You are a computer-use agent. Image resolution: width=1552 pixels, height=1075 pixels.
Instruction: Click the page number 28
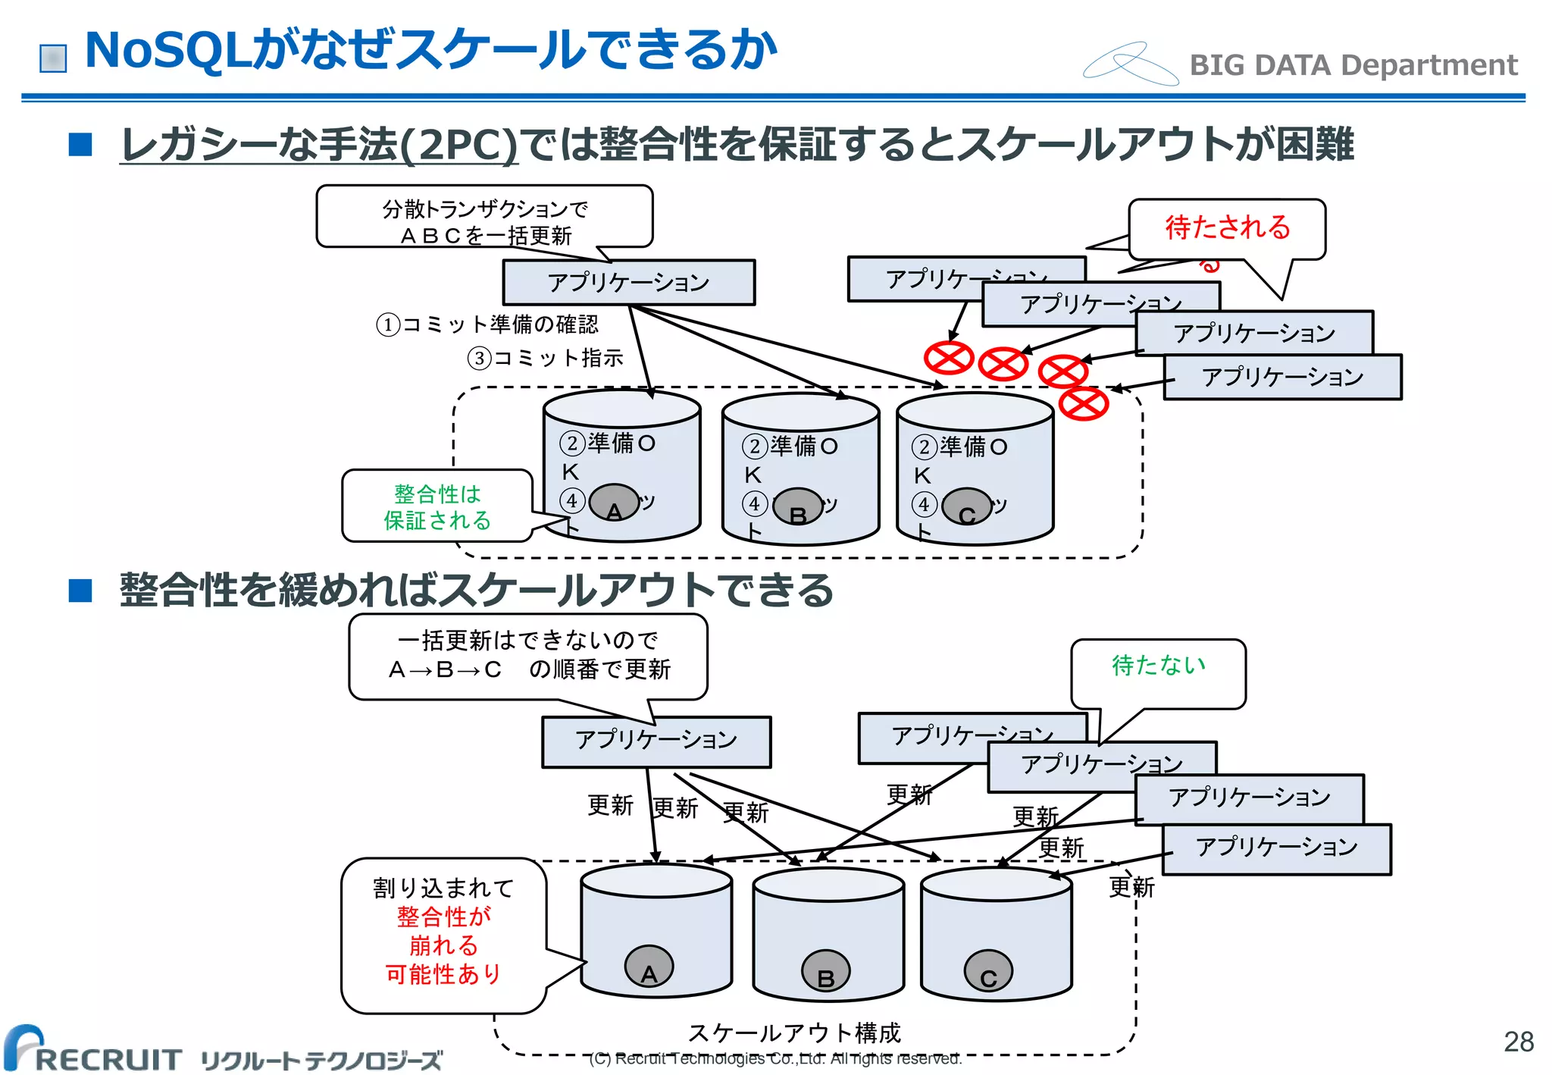pyautogui.click(x=1518, y=1041)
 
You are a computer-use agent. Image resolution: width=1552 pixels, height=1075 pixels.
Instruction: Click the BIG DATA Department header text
pyautogui.click(x=1353, y=65)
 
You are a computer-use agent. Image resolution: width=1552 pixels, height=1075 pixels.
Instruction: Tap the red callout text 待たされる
pyautogui.click(x=1227, y=227)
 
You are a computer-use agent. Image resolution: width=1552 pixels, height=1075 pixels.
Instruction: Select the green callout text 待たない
pyautogui.click(x=1158, y=665)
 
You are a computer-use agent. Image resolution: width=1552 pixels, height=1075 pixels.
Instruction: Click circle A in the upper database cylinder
pyautogui.click(x=614, y=503)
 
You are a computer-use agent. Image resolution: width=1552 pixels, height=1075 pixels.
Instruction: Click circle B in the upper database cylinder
pyautogui.click(x=797, y=506)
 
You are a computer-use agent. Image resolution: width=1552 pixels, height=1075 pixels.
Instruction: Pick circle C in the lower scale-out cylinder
pyautogui.click(x=988, y=970)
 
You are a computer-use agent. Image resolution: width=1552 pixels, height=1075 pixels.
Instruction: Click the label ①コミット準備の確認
pyautogui.click(x=487, y=324)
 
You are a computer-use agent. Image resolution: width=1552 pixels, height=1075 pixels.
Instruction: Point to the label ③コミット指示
pyautogui.click(x=546, y=358)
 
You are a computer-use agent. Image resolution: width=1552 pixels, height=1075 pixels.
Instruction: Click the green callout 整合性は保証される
pyautogui.click(x=437, y=506)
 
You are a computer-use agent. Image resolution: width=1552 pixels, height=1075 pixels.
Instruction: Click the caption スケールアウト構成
pyautogui.click(x=793, y=1033)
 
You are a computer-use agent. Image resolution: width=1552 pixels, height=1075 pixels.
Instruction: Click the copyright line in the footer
pyautogui.click(x=775, y=1058)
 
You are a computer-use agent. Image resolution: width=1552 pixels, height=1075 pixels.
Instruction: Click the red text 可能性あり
pyautogui.click(x=443, y=974)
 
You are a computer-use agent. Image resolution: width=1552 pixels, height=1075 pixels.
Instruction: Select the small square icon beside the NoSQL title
pyautogui.click(x=53, y=58)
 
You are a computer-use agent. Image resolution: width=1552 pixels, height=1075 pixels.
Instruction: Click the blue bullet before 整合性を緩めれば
pyautogui.click(x=80, y=590)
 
